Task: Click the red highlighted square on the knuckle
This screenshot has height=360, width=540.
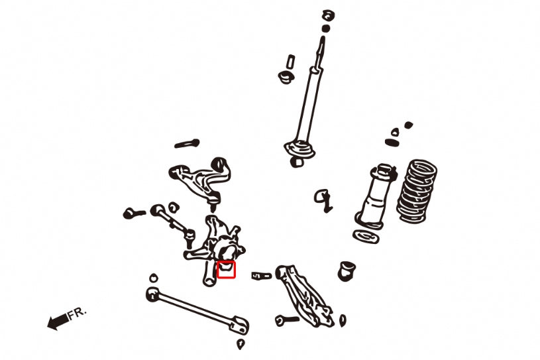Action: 227,269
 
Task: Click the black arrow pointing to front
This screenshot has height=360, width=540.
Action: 57,322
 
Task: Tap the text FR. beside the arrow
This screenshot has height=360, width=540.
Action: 78,312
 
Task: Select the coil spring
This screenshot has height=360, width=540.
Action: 417,190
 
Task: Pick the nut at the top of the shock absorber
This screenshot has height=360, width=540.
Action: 327,15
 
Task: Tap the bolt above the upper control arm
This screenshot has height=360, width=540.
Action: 187,143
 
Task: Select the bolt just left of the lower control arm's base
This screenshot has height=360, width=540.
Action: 287,320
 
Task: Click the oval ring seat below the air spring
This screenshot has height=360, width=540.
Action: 367,237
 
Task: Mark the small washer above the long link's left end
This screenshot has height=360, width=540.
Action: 154,276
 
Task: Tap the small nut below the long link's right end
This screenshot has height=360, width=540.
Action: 241,345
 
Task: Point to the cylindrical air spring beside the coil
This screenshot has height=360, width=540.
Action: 377,196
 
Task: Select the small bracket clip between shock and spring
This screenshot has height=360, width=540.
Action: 323,198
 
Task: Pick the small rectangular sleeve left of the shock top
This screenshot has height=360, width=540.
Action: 290,61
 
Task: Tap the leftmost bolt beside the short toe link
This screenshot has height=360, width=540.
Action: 134,213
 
